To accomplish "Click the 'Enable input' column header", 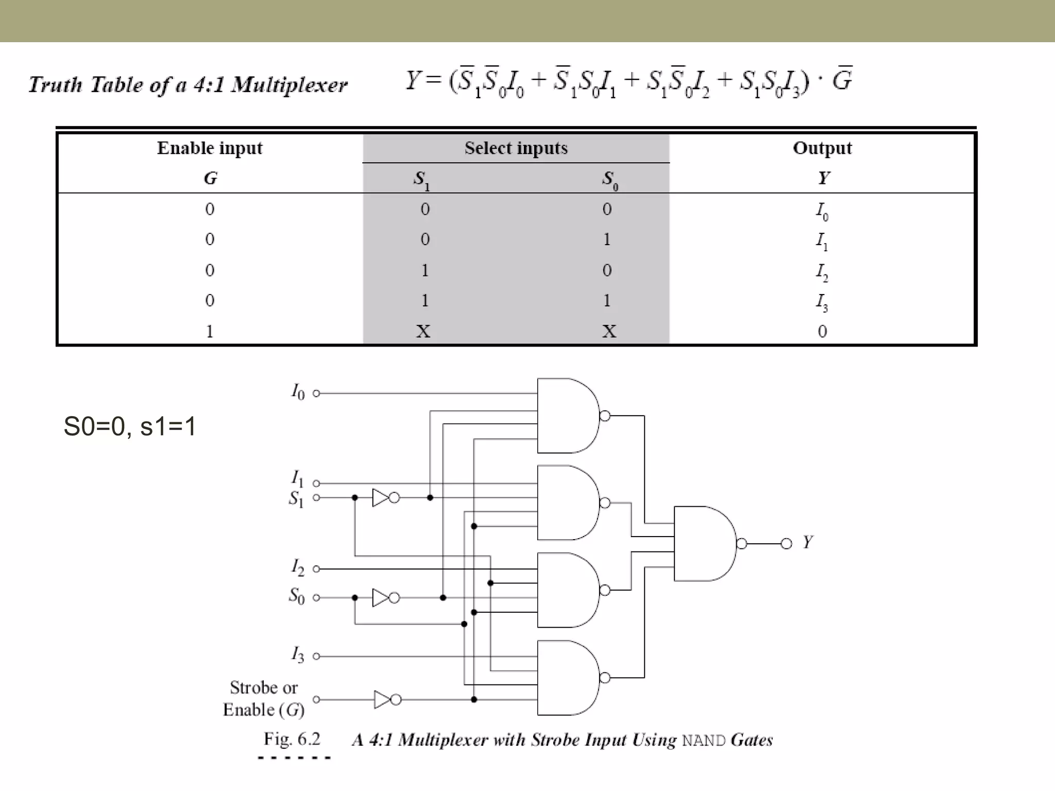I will (x=210, y=148).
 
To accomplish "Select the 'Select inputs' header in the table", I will (x=516, y=148).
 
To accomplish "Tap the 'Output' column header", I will (x=822, y=148).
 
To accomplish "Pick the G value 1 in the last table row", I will (x=210, y=331).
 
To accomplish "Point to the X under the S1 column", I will (x=423, y=331).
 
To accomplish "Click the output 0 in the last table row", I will (x=822, y=331).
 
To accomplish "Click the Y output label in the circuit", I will (x=808, y=542).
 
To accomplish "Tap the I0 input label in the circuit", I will (x=298, y=392).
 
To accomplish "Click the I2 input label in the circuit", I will (x=298, y=568).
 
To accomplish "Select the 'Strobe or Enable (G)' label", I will (x=263, y=698).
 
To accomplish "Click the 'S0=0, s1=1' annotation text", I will (x=130, y=426).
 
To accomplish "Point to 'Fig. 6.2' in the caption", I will (x=292, y=740).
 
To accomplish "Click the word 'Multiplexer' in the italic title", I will (x=289, y=85).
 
